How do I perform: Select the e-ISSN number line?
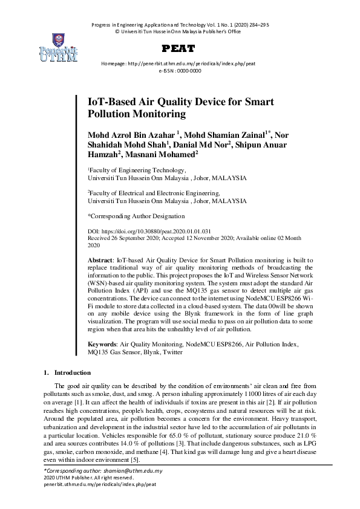[x=180, y=71]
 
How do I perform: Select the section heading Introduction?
[x=73, y=372]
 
